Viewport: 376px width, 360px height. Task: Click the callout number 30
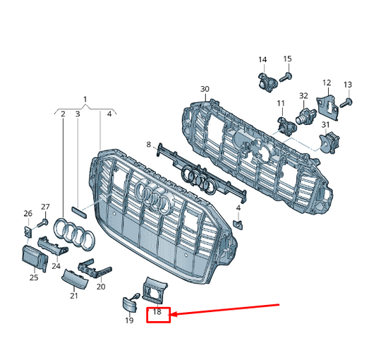coord(205,89)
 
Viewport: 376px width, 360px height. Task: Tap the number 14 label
coord(262,59)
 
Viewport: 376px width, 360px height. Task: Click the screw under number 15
coord(286,77)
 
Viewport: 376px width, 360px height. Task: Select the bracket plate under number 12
coord(328,107)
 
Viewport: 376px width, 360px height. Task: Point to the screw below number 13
coord(346,103)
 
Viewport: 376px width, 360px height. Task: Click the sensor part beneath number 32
coord(307,116)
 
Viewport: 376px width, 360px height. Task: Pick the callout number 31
coord(325,125)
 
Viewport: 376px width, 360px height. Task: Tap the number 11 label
coord(281,104)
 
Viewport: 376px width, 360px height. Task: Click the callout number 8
coord(149,145)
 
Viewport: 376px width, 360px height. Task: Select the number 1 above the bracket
coord(85,99)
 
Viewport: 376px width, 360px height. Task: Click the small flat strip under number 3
coord(79,212)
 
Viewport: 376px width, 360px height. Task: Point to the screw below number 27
coord(43,223)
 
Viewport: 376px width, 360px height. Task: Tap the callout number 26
coord(28,213)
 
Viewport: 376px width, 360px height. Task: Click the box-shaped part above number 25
coord(35,259)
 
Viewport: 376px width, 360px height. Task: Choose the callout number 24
coord(56,266)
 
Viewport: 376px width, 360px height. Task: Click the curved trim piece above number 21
coord(75,280)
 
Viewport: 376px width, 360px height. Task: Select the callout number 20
coord(101,287)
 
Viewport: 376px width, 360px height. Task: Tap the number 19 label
coord(129,320)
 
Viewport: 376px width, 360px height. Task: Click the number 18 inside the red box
coord(157,312)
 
